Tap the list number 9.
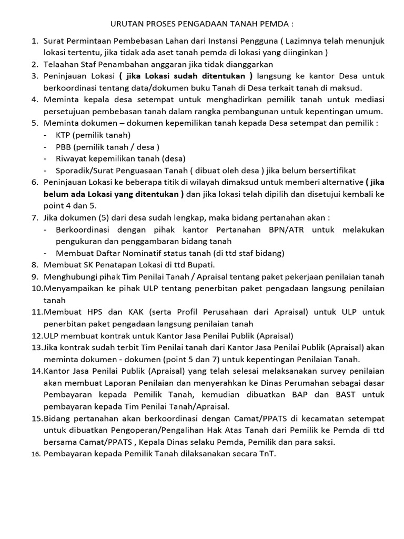point(35,277)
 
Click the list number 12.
point(36,335)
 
